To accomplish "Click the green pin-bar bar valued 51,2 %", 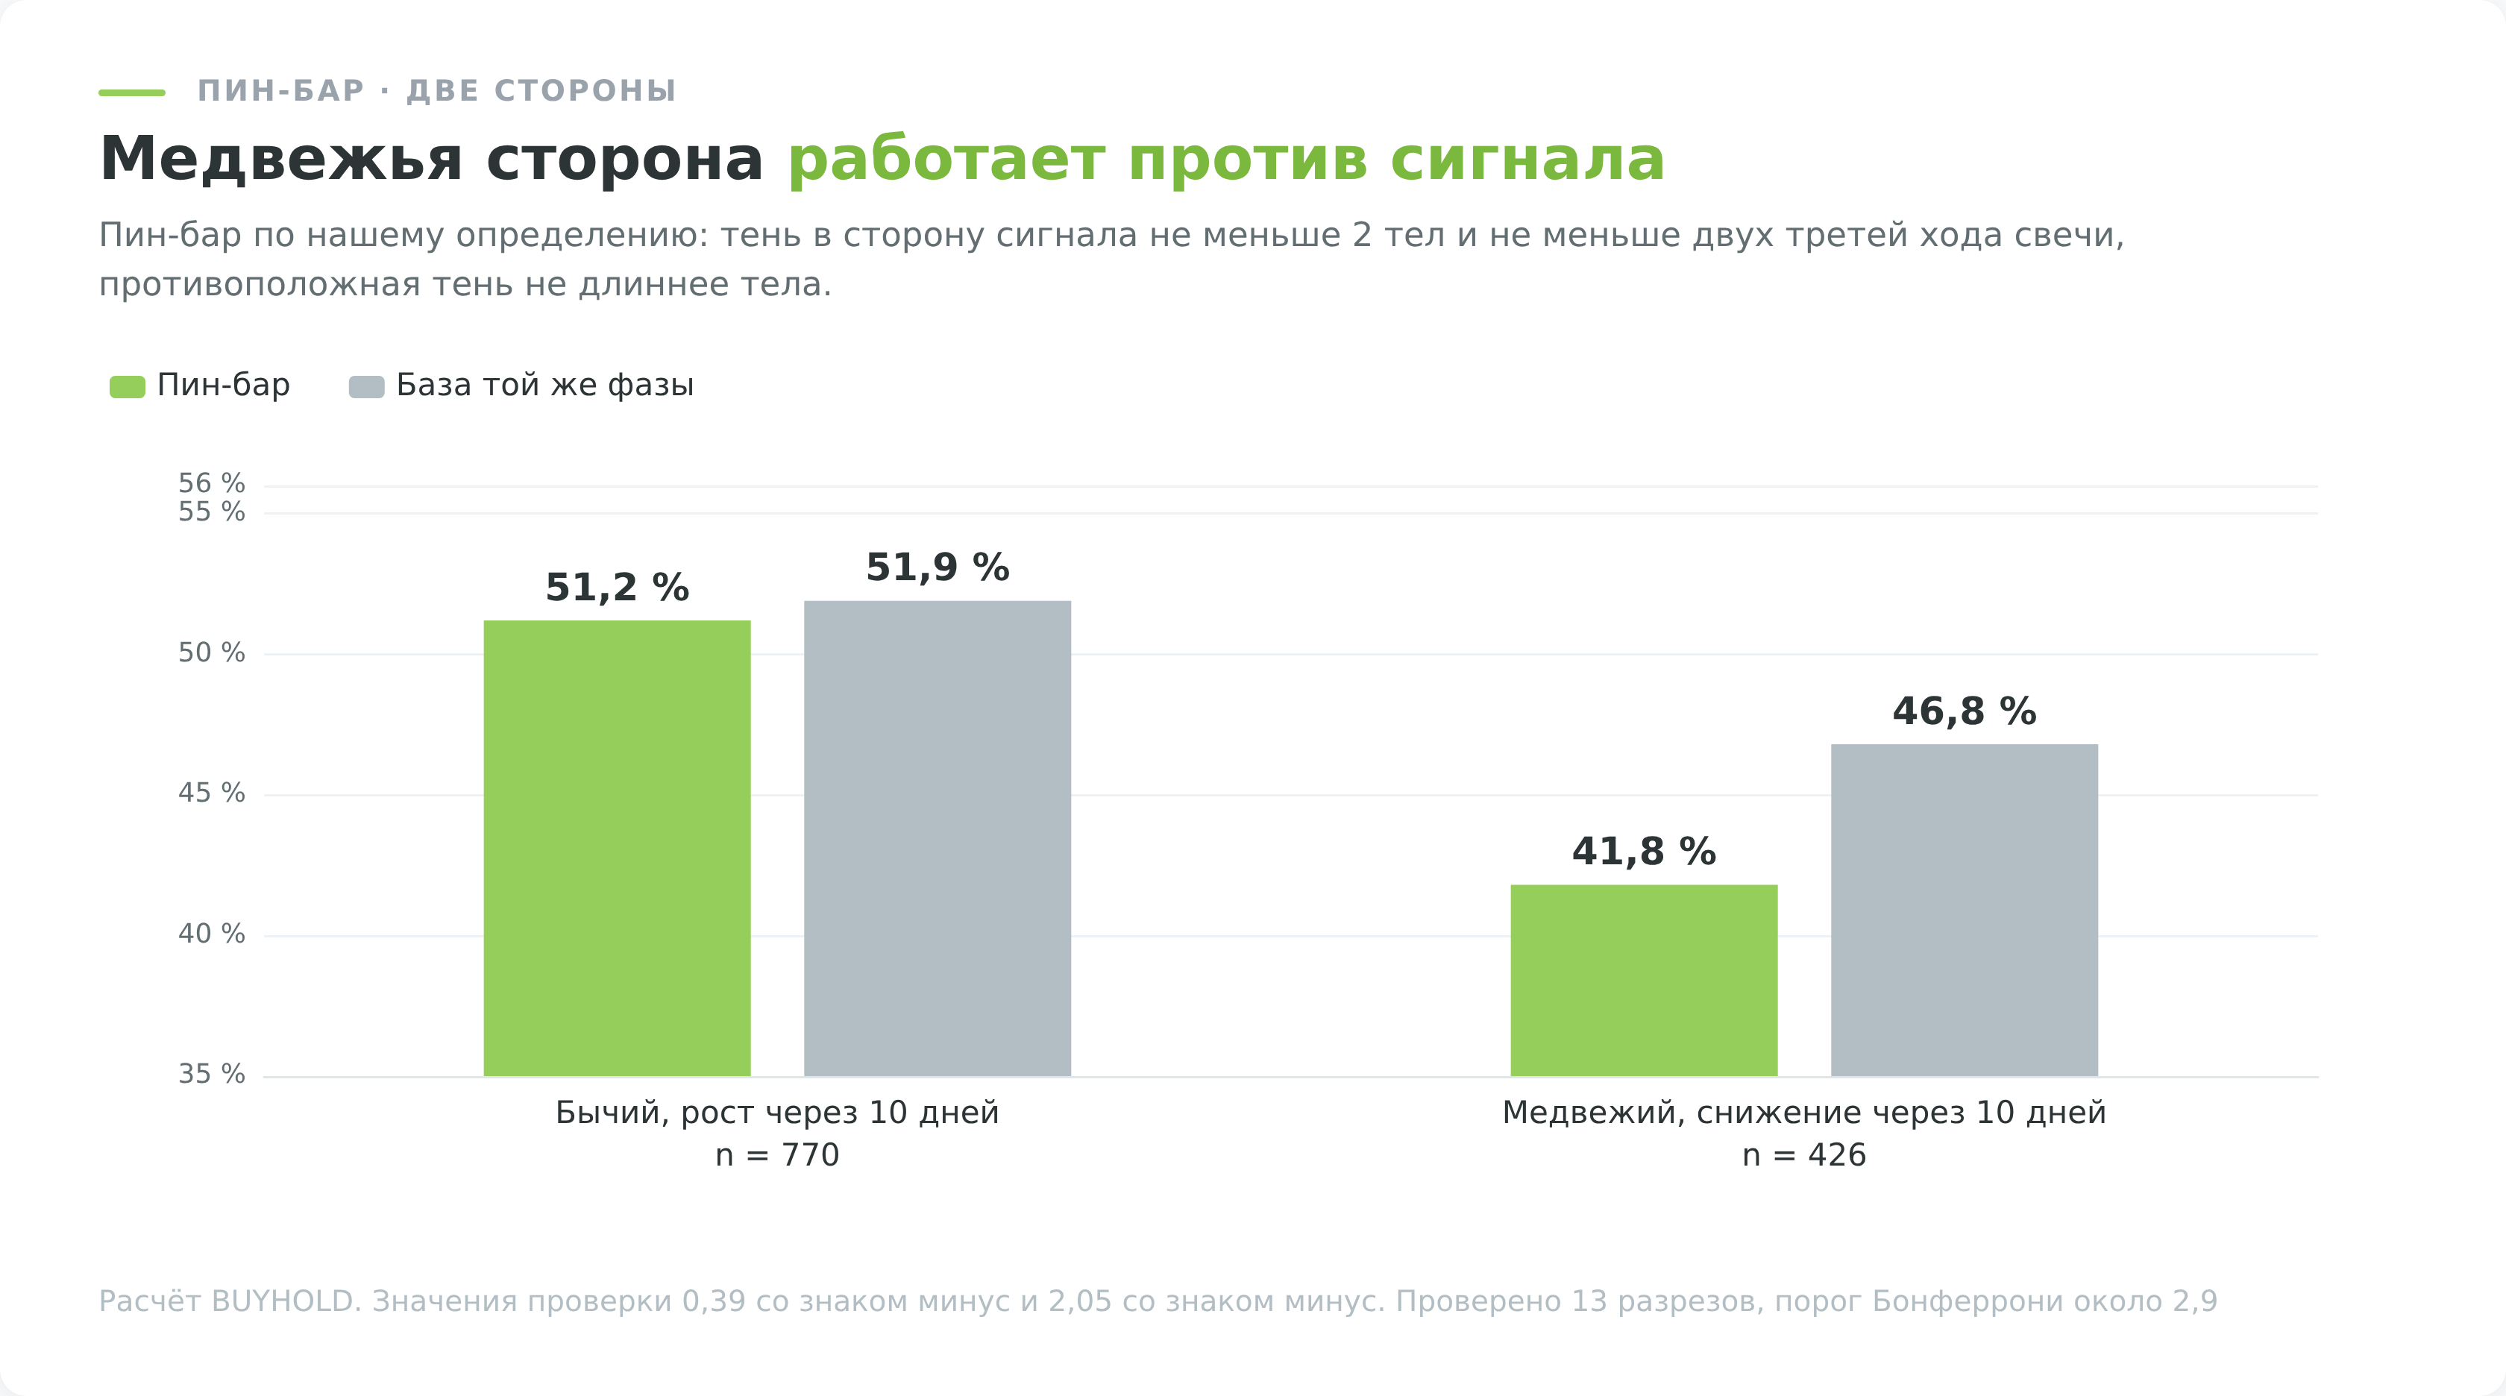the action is pos(617,849).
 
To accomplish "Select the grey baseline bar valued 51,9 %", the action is pos(937,839).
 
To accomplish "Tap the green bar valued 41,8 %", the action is pos(1643,981).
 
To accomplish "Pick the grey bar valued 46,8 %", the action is pos(1964,911).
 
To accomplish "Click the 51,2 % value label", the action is pos(617,588).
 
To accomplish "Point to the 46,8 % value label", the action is pos(1964,711).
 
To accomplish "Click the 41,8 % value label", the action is pos(1643,851).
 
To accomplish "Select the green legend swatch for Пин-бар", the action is pos(128,386).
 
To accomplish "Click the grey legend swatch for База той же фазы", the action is pos(367,386).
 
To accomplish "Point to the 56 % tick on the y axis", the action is pos(211,483).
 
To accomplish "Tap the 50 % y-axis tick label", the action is pos(211,653).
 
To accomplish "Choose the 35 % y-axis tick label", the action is pos(211,1074).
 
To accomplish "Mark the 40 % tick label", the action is pos(211,934).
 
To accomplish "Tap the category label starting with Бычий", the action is pos(777,1112).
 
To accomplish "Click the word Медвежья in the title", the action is pos(281,159).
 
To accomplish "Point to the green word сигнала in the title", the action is pos(1527,159).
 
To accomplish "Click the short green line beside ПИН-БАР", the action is pos(132,92).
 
